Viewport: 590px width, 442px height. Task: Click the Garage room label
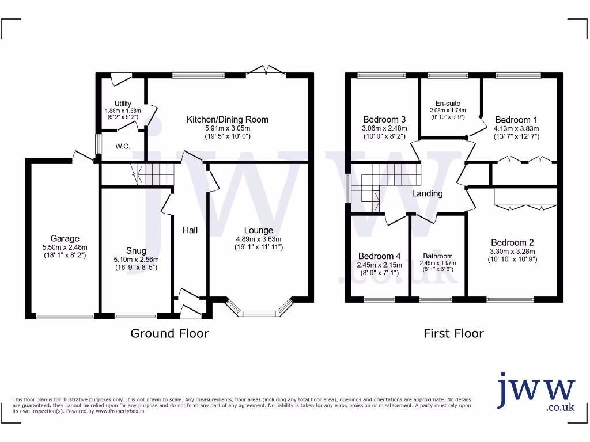[65, 238]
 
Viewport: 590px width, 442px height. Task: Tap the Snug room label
[136, 251]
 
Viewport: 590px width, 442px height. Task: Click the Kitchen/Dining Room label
[227, 120]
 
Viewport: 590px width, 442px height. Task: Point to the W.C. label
[122, 146]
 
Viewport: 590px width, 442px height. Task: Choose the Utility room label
[123, 104]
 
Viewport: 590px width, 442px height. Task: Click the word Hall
[190, 230]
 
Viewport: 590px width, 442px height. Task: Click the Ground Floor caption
[169, 333]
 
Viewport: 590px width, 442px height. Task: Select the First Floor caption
[453, 333]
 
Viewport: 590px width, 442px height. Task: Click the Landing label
[427, 193]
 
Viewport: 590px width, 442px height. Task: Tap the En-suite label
[448, 104]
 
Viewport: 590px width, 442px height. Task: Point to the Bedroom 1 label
[516, 120]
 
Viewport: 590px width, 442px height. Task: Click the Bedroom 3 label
[384, 120]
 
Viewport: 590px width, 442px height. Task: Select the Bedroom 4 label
[379, 256]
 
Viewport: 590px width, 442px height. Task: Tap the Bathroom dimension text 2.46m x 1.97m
[438, 264]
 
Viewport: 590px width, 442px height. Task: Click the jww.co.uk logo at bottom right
[536, 392]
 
